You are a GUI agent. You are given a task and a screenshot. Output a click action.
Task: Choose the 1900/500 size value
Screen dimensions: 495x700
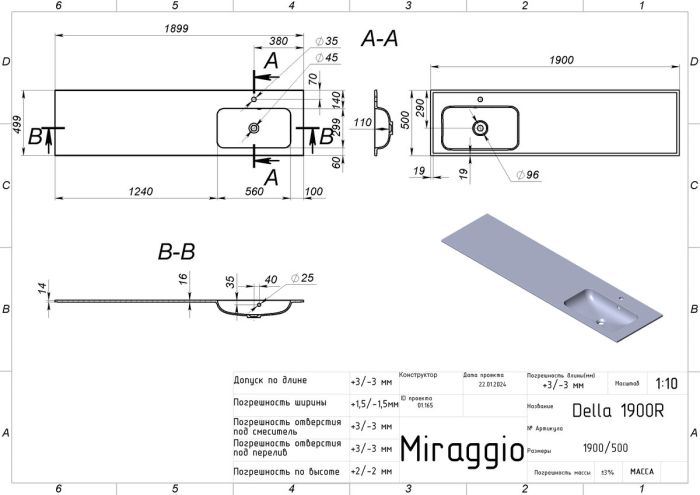pos(606,449)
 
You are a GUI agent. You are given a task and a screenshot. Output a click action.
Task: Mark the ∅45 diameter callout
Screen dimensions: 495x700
pos(327,57)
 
